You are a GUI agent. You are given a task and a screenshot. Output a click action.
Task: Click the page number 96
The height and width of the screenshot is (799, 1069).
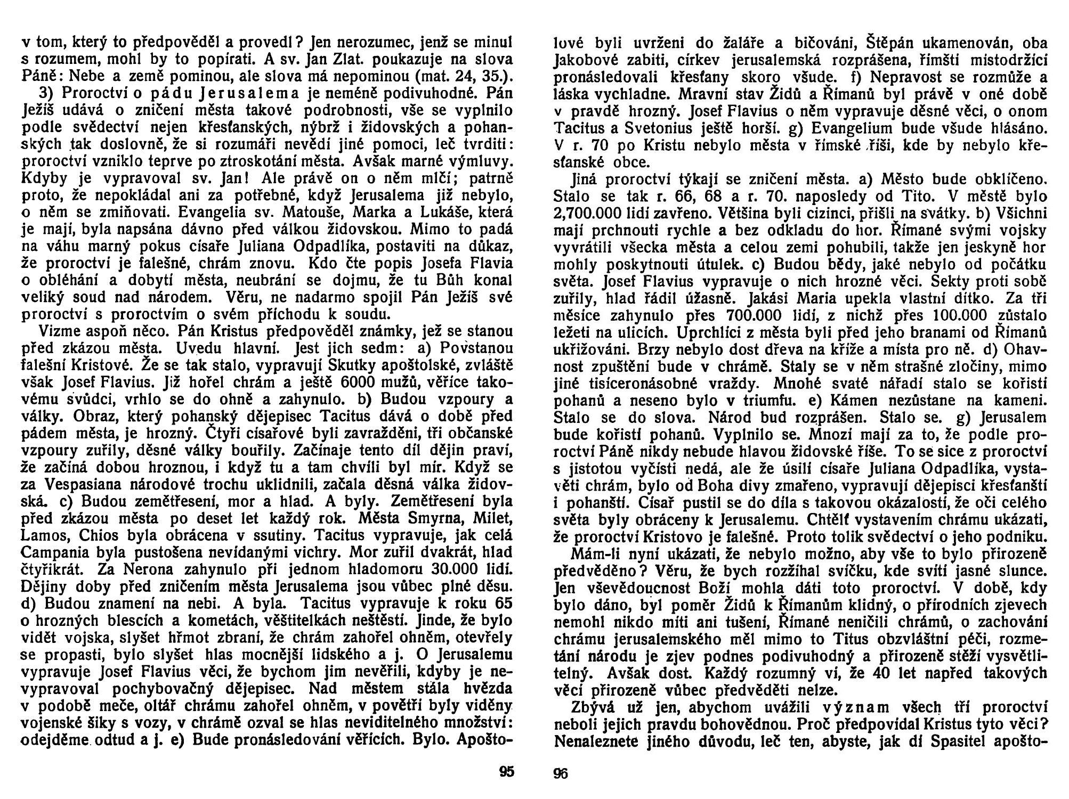(x=561, y=772)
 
